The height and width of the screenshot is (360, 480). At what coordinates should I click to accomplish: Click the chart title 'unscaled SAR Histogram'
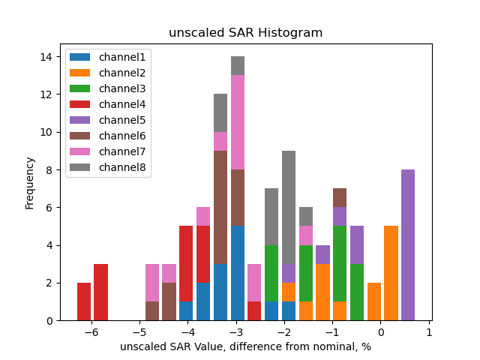245,33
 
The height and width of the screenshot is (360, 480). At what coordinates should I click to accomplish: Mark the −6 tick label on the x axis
91,332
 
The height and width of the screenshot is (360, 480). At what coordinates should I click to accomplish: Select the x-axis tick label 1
429,332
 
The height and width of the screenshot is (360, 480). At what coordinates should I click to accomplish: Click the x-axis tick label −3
235,332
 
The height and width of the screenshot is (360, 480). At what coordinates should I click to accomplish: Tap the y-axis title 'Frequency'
30,182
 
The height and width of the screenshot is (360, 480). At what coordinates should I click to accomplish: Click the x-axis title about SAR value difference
245,346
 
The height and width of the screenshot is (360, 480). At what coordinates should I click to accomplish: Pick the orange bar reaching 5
391,273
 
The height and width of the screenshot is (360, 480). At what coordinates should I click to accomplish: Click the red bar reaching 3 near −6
100,292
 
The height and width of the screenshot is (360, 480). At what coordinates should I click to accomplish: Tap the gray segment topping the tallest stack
238,65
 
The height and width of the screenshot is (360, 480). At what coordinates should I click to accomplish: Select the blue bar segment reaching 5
238,273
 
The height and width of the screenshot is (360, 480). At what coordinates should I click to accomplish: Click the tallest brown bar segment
220,207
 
